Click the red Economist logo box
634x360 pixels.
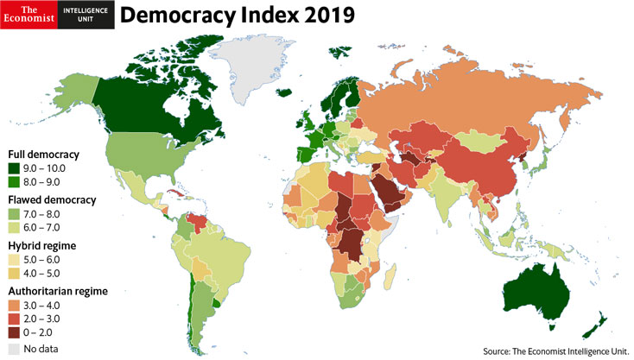pyautogui.click(x=29, y=15)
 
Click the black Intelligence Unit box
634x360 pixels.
pyautogui.click(x=86, y=15)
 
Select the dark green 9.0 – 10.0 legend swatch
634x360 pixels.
pyautogui.click(x=14, y=167)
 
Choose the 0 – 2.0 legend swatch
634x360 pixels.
pyautogui.click(x=14, y=332)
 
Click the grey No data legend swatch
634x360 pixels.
pyautogui.click(x=14, y=349)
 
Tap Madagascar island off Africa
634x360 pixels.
pyautogui.click(x=390, y=278)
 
